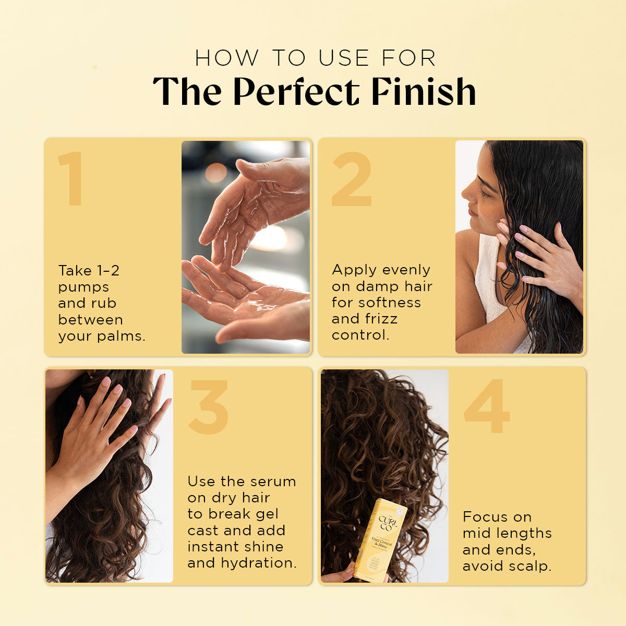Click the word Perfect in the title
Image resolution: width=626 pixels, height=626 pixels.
296,92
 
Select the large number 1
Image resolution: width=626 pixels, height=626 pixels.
70,178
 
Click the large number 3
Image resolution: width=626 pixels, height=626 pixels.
209,407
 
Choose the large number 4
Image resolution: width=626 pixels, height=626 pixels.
486,406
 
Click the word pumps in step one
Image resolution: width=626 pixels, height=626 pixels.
83,287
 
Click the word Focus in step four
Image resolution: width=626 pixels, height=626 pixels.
485,517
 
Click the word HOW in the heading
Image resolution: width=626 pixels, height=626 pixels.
227,58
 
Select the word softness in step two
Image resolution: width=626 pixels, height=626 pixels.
394,303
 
